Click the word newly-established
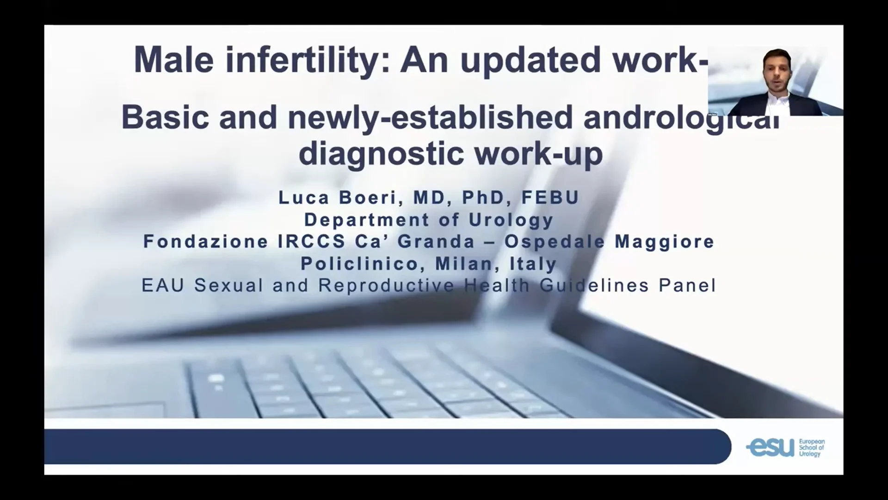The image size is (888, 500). [430, 117]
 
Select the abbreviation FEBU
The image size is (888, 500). [550, 198]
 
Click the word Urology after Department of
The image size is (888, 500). [511, 220]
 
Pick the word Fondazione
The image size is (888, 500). [206, 241]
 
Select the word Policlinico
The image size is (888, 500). [359, 264]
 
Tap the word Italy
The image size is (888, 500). [533, 264]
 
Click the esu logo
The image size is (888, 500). [785, 447]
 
